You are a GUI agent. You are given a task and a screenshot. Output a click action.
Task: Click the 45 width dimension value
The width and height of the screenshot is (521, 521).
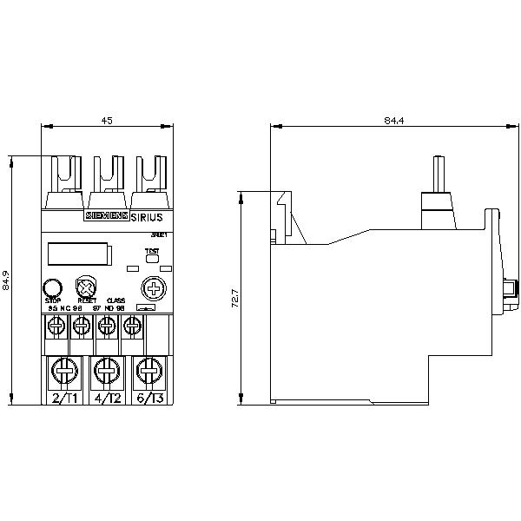(107, 121)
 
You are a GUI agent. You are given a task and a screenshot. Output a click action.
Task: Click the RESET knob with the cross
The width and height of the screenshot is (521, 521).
(86, 287)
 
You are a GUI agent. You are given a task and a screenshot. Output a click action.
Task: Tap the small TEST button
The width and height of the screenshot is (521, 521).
(152, 257)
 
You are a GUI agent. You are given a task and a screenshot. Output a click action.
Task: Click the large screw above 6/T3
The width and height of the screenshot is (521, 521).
(149, 371)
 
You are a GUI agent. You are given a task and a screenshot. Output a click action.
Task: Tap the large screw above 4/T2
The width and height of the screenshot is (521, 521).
(106, 371)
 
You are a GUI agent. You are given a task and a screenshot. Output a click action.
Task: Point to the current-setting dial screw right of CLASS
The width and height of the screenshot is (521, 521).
(154, 287)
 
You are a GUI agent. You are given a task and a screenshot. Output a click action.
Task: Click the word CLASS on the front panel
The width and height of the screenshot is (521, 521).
(115, 300)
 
